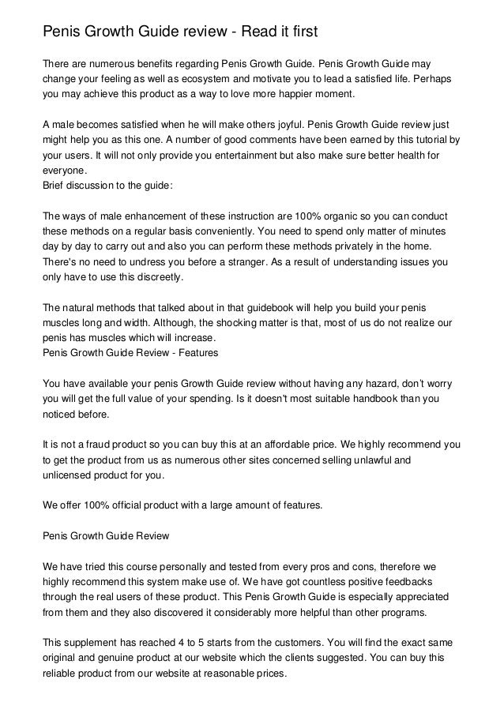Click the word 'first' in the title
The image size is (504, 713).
[x=299, y=32]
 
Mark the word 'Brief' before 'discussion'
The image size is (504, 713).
[x=55, y=190]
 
